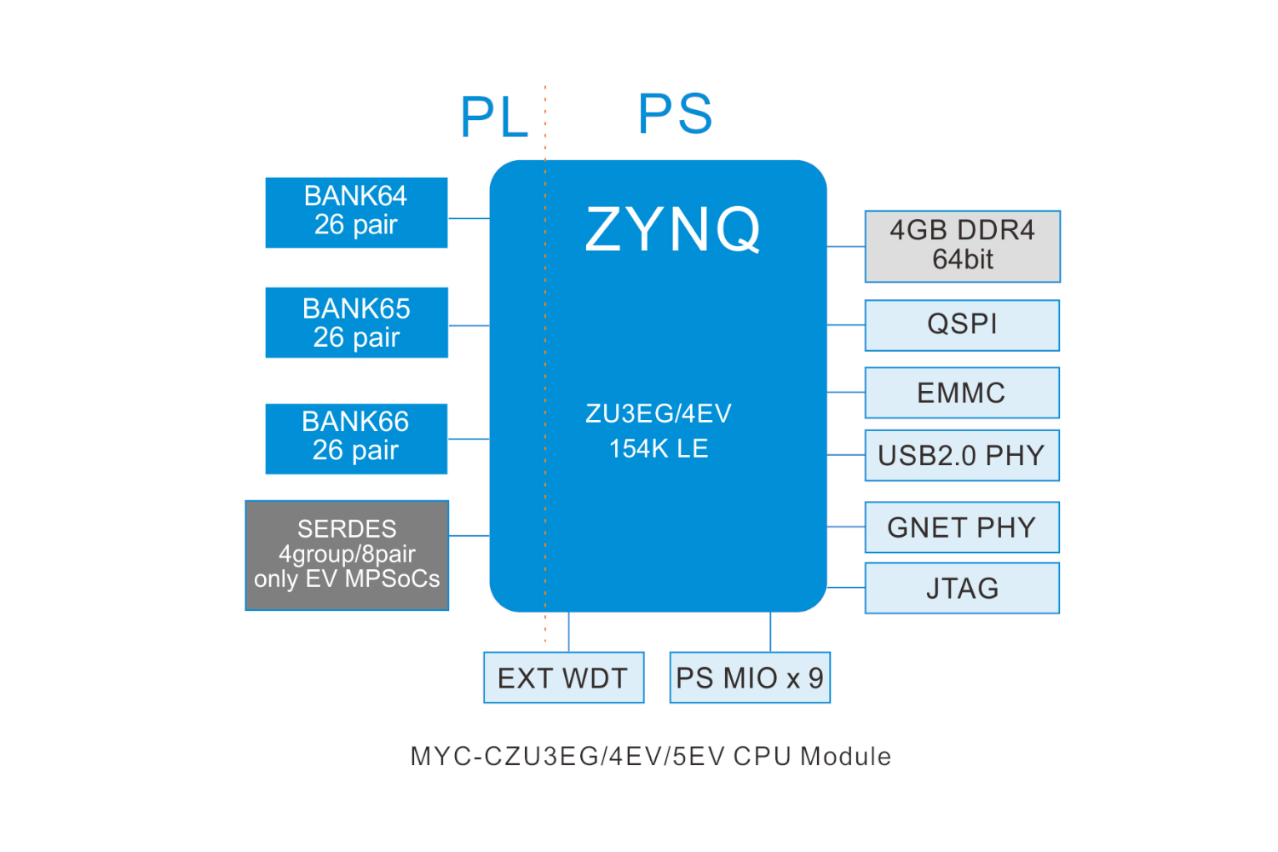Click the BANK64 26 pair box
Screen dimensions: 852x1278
pos(356,212)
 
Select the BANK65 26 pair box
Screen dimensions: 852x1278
pos(356,322)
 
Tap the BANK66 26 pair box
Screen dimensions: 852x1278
pos(356,438)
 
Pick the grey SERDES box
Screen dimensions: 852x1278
pos(347,555)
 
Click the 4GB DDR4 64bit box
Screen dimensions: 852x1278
pos(962,246)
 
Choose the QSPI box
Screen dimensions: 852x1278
pos(962,325)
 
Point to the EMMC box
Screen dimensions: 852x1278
pos(962,393)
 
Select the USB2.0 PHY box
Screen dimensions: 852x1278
pos(962,456)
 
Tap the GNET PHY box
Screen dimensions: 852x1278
pos(962,527)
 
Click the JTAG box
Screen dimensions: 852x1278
pos(962,588)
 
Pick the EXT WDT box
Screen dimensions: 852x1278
pos(563,677)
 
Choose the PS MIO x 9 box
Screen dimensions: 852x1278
pos(750,677)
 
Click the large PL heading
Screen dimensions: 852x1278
pos(494,117)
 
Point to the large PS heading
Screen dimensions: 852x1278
pos(675,113)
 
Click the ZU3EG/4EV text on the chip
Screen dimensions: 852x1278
pos(658,414)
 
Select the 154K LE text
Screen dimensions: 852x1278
pos(658,449)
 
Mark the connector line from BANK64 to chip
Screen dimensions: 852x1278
pos(469,218)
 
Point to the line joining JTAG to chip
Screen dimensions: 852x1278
pos(846,587)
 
